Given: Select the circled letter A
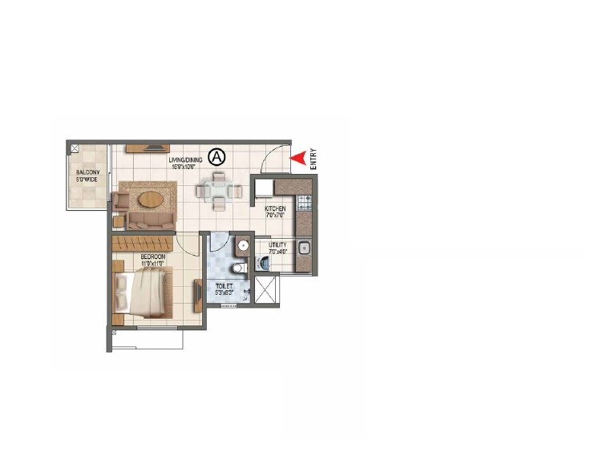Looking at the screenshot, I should [x=216, y=155].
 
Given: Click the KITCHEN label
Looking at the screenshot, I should [x=276, y=212].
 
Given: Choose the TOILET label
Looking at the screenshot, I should [x=224, y=289].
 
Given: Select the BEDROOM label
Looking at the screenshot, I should [x=152, y=260].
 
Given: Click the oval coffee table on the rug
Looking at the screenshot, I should [x=151, y=197].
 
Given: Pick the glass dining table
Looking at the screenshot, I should [x=218, y=191].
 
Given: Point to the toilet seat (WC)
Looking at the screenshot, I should [x=238, y=268].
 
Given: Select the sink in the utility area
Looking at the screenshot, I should [x=304, y=248].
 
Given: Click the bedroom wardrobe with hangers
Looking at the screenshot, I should [x=143, y=243].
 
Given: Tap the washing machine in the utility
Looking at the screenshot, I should [x=264, y=262].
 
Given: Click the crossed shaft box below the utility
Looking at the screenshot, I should [x=266, y=289].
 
